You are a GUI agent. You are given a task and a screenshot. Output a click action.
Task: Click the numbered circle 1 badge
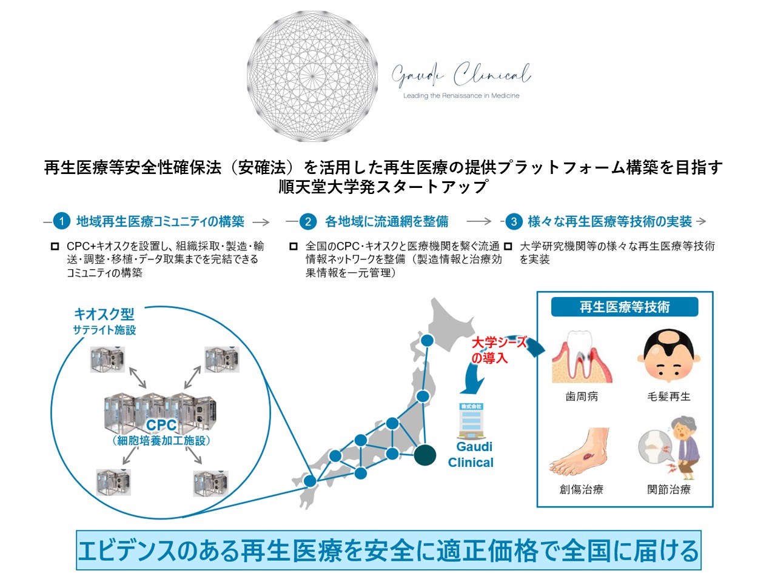61,221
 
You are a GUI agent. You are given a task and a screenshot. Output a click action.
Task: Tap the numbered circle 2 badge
308,221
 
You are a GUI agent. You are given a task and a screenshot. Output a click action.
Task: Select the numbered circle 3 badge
514,221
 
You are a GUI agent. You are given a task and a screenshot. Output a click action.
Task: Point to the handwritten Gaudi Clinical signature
461,75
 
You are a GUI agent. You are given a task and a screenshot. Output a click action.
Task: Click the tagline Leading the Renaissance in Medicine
461,96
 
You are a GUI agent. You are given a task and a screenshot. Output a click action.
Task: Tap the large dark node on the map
424,454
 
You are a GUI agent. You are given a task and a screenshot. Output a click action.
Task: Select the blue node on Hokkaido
427,341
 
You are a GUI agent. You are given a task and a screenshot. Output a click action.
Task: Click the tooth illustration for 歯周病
581,358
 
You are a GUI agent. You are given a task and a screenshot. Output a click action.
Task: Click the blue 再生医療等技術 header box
625,307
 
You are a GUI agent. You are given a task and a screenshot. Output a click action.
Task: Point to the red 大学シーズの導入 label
498,350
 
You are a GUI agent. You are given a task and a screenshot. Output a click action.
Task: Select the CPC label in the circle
161,425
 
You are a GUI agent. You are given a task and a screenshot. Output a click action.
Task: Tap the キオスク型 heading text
104,314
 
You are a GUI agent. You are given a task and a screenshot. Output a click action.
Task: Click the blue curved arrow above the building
473,382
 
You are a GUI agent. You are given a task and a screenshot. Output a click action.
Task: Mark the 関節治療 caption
669,489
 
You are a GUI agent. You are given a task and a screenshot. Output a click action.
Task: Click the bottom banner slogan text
388,550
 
